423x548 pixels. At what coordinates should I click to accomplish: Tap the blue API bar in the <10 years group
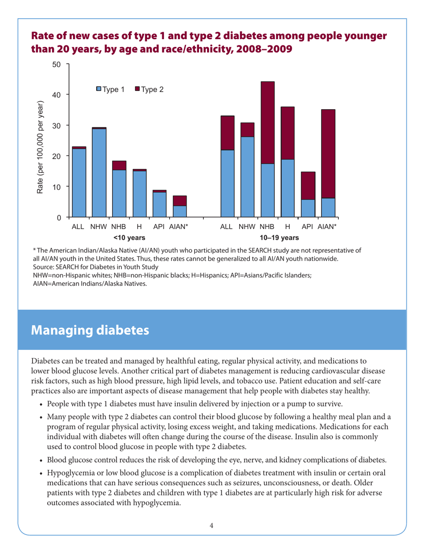(159, 204)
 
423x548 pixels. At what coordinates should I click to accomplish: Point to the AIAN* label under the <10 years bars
(179, 227)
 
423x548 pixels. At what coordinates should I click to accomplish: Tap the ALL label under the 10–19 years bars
(227, 227)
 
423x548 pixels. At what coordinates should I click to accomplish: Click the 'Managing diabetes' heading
(90, 330)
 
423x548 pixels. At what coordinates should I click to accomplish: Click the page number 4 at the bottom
(211, 525)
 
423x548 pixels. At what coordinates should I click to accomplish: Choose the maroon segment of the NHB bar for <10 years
(119, 165)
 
